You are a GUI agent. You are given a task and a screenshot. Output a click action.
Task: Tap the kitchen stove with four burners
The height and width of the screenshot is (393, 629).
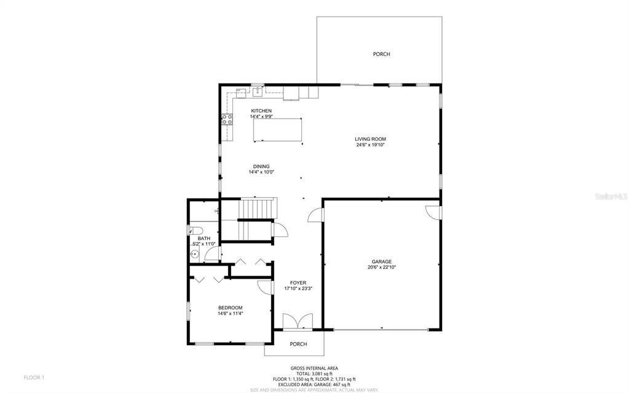click(227, 120)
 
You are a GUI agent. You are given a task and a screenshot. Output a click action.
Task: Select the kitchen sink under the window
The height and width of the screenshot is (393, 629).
click(258, 92)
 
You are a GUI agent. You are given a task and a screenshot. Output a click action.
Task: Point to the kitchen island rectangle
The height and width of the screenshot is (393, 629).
click(278, 129)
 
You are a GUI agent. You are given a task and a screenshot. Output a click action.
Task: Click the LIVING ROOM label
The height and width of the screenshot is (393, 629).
click(370, 139)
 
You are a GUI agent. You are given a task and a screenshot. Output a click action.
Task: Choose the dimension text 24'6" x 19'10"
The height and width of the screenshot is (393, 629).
click(370, 145)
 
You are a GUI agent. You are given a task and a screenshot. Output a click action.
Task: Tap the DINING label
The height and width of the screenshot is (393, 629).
click(261, 166)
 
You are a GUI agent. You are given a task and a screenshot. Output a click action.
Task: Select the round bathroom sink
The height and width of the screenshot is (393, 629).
click(194, 253)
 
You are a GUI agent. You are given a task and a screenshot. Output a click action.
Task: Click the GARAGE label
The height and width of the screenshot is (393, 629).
click(381, 261)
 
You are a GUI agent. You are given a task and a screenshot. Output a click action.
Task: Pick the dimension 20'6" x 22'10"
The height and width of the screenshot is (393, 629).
click(381, 268)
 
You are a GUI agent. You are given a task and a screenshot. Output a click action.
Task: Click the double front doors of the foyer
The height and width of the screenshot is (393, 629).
click(298, 322)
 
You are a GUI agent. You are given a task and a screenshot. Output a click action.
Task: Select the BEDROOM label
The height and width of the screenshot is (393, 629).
click(231, 308)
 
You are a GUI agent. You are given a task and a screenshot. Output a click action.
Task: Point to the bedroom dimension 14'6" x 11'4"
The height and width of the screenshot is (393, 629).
click(231, 314)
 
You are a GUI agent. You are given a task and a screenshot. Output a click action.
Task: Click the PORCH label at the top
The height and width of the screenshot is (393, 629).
click(381, 54)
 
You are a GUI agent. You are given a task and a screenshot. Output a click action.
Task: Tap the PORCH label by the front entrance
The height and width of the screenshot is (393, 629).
click(298, 344)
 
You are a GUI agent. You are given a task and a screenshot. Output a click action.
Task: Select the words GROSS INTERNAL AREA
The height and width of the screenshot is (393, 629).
click(314, 368)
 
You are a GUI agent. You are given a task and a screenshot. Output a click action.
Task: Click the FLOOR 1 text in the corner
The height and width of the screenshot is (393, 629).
click(34, 377)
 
